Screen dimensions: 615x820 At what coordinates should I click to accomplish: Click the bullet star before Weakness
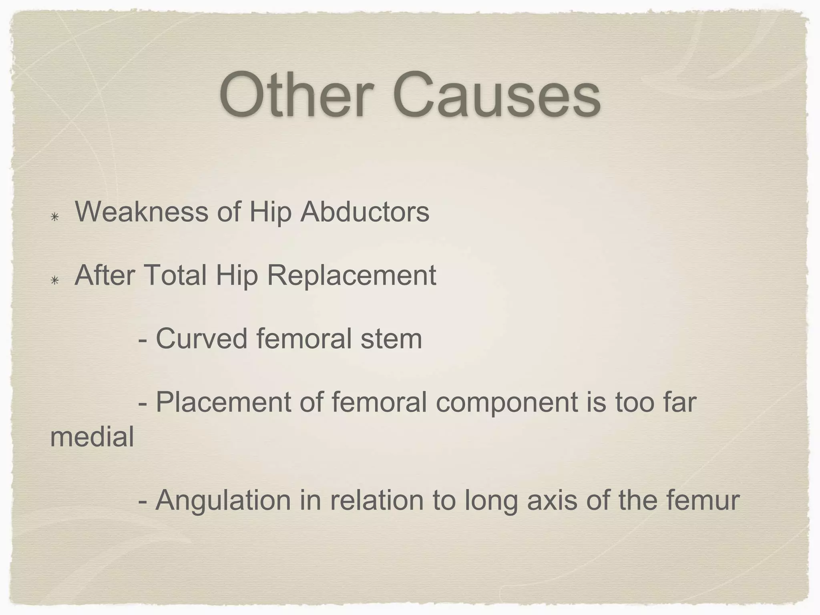coord(55,217)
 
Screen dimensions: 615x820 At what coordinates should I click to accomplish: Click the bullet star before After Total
coord(55,281)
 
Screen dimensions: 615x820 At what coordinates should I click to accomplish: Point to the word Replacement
coord(351,276)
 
